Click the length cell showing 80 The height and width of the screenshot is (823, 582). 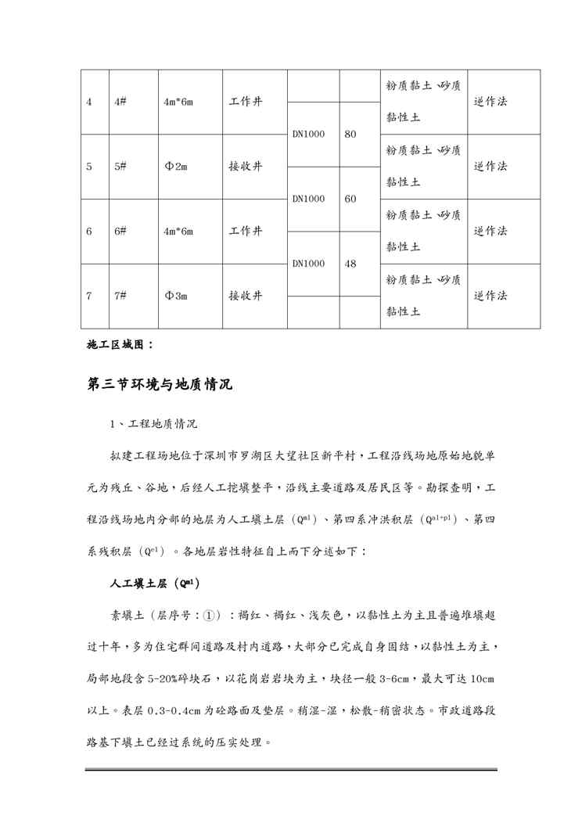[350, 134]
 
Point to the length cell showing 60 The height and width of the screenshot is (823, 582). [350, 199]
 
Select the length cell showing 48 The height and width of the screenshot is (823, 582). [350, 264]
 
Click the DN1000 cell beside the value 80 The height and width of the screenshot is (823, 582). [308, 134]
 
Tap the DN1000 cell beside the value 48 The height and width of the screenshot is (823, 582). [308, 264]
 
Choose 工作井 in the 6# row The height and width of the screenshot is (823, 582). [245, 232]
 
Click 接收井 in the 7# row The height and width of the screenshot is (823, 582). [245, 296]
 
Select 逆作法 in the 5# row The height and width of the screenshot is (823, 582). [490, 167]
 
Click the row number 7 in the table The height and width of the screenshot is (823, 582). [89, 296]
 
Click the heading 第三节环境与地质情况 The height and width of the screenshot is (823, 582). [160, 384]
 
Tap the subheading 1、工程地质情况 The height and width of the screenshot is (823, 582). [153, 424]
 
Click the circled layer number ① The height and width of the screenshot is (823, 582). [209, 616]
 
